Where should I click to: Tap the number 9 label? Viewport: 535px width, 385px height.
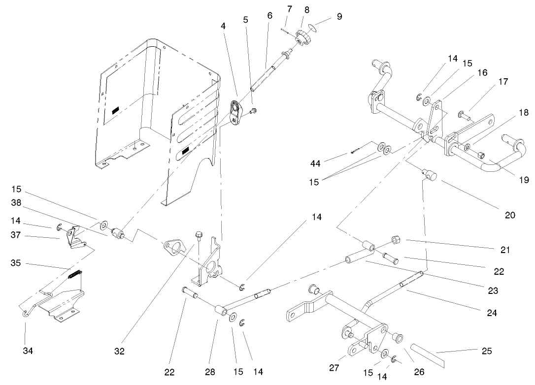(x=339, y=16)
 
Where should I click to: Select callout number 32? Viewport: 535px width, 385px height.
(x=120, y=351)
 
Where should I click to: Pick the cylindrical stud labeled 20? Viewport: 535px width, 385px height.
(x=431, y=175)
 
